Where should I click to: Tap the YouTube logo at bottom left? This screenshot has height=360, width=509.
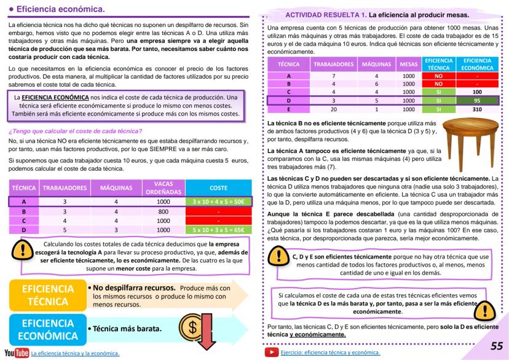pos(17,353)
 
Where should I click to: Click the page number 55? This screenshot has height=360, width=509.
pos(495,346)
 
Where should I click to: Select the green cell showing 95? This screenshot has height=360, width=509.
pos(477,100)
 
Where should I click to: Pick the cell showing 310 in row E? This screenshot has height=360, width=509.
pos(477,109)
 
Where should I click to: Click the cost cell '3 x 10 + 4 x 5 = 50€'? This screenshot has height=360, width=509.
pos(218,201)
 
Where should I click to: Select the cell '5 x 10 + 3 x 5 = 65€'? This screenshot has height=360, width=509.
pos(218,230)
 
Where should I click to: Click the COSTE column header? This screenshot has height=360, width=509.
pos(218,188)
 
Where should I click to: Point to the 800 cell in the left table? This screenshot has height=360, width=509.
pos(162,211)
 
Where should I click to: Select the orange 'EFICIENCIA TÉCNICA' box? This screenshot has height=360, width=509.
pos(47,295)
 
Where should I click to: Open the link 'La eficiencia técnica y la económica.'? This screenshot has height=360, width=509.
pos(75,353)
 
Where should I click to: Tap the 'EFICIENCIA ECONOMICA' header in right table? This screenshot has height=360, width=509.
pos(477,65)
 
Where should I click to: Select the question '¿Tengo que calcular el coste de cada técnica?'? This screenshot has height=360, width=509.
pos(75,131)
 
